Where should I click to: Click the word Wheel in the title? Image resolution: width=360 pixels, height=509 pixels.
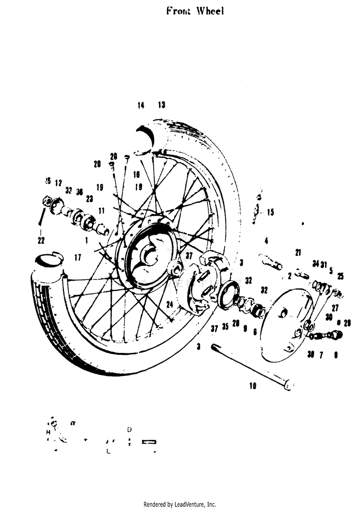point(210,11)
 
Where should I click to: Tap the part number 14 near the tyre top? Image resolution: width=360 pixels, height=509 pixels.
point(141,106)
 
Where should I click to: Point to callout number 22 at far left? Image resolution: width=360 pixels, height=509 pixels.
point(41,240)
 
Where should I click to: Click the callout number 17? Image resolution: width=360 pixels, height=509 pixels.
point(77,258)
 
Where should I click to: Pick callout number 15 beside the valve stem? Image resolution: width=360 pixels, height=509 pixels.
point(271,212)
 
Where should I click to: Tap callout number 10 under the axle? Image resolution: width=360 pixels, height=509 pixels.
point(253,385)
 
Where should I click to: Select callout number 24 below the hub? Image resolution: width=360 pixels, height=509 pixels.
point(169,304)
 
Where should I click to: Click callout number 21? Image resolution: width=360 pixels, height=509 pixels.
point(298,253)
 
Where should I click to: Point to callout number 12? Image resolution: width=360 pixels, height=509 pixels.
point(59,183)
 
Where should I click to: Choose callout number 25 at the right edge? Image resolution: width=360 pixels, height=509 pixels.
point(340,276)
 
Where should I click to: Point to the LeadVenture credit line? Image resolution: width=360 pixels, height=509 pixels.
point(180,504)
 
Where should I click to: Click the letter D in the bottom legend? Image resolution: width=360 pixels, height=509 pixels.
point(129,429)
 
